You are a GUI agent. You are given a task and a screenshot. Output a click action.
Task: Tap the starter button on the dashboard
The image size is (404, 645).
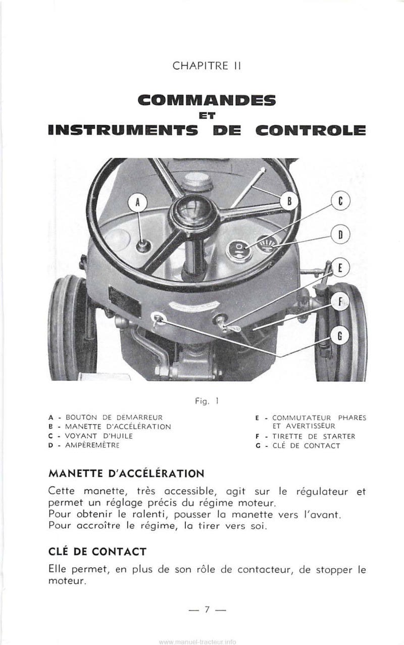(143, 246)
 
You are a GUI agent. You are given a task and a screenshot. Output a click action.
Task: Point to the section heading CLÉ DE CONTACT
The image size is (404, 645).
(97, 550)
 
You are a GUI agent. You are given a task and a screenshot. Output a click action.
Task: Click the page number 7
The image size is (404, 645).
(207, 609)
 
